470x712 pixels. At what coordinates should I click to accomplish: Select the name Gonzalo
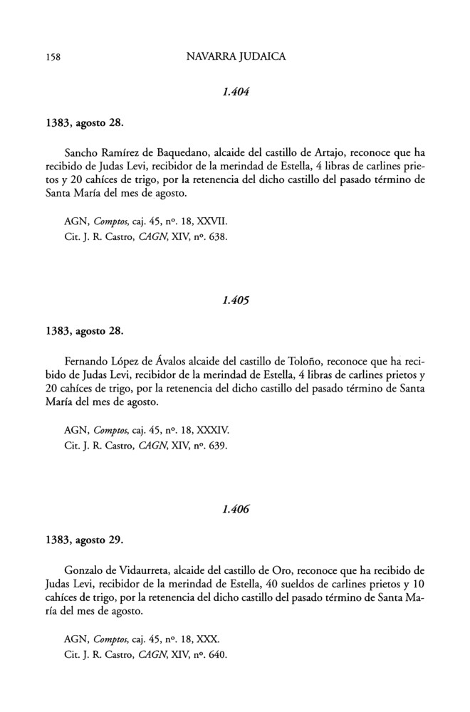pyautogui.click(x=85, y=570)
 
